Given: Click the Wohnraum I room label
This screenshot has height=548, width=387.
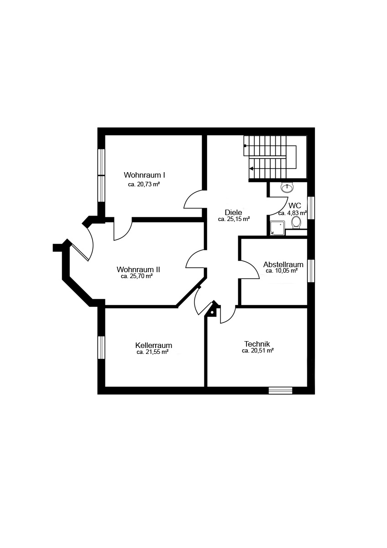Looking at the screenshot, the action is click(144, 175).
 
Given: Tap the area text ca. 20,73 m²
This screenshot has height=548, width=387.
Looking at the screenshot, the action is click(144, 184).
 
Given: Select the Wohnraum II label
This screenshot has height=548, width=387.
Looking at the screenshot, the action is click(138, 269).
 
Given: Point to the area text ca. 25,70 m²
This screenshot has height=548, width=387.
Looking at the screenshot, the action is click(137, 276).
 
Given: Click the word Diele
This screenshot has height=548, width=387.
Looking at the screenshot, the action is click(234, 212).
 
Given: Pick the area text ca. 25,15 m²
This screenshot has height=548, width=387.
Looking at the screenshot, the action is click(234, 219).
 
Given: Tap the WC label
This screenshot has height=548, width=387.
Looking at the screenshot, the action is click(295, 205).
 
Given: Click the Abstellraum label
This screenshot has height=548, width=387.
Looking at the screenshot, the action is click(283, 264).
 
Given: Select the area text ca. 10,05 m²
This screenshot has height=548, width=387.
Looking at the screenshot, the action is click(282, 271).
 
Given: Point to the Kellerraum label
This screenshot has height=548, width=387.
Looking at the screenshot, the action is click(153, 345).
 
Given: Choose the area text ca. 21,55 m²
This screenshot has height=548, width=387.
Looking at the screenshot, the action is click(152, 352).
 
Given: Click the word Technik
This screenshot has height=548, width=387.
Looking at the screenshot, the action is click(257, 344).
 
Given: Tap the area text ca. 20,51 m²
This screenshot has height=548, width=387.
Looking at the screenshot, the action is click(258, 351).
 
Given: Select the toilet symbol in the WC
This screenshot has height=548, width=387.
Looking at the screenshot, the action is click(296, 222).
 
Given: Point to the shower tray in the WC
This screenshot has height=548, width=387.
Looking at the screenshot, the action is click(277, 228).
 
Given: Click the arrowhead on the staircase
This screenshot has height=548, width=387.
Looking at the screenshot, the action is click(251, 169).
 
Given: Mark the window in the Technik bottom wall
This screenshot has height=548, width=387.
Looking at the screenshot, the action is click(280, 390).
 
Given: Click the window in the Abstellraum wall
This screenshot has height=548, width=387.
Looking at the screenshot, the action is click(311, 271).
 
